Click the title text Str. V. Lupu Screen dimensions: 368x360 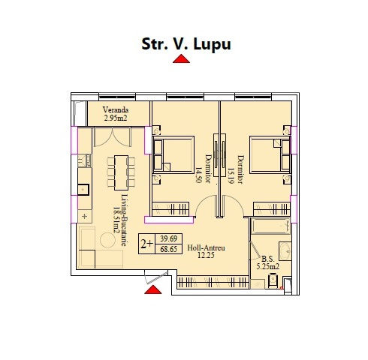point(186,44)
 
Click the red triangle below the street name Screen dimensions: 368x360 point(181,59)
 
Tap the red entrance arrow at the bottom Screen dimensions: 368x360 point(153,289)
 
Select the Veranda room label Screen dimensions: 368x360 point(116,109)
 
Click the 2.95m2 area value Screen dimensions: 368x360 point(116,118)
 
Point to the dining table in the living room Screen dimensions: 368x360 point(121,172)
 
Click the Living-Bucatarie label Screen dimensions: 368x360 point(125,220)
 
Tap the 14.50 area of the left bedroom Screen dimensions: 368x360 point(198,175)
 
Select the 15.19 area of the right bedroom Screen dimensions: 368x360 point(231,175)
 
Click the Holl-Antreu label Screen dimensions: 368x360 point(206,247)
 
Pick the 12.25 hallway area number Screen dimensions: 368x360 point(206,255)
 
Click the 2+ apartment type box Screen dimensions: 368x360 point(146,244)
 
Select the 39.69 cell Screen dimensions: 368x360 point(168,238)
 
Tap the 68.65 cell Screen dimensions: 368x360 point(168,249)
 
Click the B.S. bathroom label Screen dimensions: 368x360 point(267,259)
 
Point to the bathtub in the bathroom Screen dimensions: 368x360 point(270,226)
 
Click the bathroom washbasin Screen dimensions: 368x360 point(285,251)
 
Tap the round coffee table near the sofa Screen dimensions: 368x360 point(107,240)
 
